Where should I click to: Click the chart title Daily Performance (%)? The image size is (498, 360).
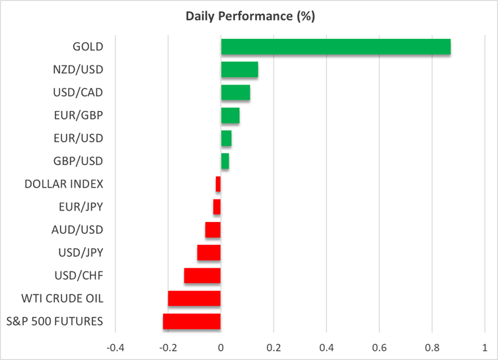(x=249, y=16)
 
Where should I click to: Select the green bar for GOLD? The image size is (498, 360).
(x=336, y=47)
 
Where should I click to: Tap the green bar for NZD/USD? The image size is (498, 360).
(x=239, y=70)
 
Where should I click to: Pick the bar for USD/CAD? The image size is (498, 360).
(x=235, y=92)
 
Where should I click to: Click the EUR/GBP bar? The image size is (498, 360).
(x=230, y=116)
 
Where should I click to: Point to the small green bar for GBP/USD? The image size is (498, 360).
(x=225, y=161)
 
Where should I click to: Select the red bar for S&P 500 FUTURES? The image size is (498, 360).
(x=192, y=322)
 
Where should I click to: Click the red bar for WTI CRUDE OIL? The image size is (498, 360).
(x=194, y=299)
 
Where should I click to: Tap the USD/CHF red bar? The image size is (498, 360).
(x=202, y=275)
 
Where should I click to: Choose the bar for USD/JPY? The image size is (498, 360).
(x=209, y=252)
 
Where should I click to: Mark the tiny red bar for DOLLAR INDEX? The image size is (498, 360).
(x=218, y=184)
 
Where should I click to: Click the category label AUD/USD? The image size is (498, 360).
(x=77, y=230)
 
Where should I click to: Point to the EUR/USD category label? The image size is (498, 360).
(x=78, y=138)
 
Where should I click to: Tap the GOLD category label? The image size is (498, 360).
(x=88, y=47)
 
